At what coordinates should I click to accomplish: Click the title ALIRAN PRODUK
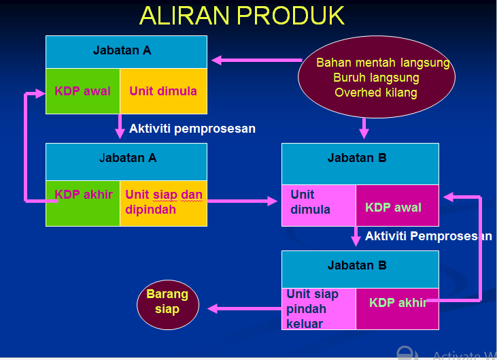[242, 15]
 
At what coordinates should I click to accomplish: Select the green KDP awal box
[83, 91]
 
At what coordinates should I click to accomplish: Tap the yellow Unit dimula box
[163, 91]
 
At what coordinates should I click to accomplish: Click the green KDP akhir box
[83, 203]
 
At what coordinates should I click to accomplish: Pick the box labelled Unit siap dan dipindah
[163, 203]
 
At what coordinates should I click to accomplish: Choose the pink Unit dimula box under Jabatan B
[319, 204]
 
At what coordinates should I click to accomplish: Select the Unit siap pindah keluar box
[319, 309]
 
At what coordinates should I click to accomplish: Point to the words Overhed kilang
[376, 93]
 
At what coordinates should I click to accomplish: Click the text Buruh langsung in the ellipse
[376, 78]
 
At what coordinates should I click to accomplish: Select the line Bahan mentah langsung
[383, 63]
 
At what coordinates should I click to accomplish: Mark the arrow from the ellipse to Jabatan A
[256, 61]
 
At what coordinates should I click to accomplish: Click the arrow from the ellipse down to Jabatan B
[364, 127]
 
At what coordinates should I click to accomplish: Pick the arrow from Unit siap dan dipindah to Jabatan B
[245, 201]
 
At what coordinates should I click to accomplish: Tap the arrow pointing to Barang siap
[245, 309]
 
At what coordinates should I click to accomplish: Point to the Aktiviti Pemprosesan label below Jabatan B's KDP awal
[428, 237]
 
